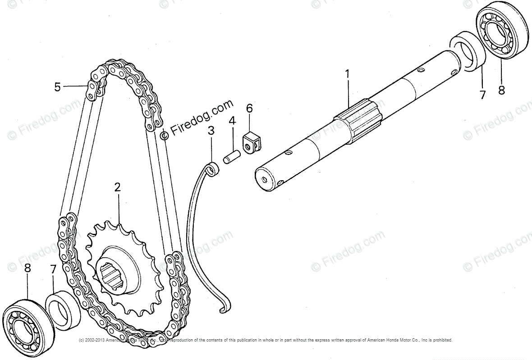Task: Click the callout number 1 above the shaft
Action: tap(347, 74)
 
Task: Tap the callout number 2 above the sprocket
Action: tap(118, 187)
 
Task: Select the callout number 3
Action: tap(211, 131)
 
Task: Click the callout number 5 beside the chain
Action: tap(57, 87)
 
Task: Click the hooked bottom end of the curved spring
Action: tap(223, 308)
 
